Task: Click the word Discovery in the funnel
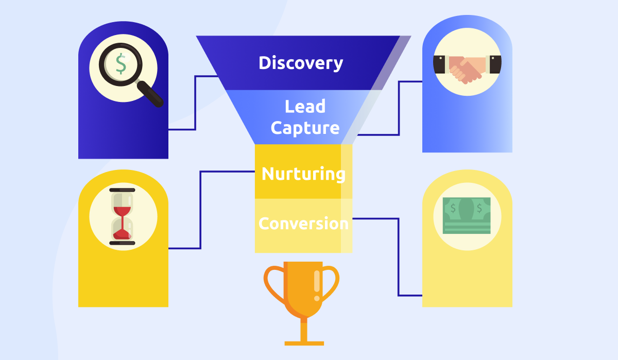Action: (x=301, y=63)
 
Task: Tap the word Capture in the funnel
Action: (x=305, y=128)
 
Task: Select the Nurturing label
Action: (x=303, y=174)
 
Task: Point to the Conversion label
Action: (x=303, y=224)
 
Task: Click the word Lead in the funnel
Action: (x=305, y=106)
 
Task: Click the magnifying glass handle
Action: (x=150, y=94)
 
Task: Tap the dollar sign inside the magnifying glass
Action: (x=121, y=64)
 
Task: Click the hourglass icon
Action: (x=122, y=216)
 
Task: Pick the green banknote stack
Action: (x=467, y=215)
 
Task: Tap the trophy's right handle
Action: (x=330, y=283)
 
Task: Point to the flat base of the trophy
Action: (x=304, y=344)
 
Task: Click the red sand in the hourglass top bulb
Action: (x=122, y=212)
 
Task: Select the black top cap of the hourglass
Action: (x=122, y=190)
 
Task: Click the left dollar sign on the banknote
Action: (x=453, y=208)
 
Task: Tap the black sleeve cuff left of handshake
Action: (x=439, y=64)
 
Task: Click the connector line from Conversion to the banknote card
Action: (x=399, y=257)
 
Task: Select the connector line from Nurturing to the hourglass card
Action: (x=200, y=210)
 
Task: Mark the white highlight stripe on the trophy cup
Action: (x=317, y=281)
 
